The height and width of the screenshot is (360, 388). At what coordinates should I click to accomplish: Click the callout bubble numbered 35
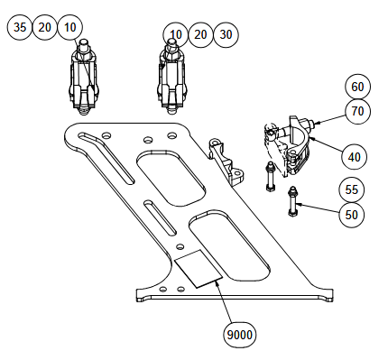19,27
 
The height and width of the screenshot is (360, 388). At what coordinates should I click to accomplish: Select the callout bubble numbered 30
226,34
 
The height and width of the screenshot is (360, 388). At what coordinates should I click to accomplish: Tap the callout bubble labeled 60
357,87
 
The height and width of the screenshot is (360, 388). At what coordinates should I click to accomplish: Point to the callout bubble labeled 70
357,112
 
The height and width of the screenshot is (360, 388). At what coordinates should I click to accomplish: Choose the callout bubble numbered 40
355,157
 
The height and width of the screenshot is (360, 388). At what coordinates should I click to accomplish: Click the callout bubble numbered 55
352,189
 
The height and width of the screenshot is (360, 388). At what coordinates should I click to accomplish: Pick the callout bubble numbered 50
352,215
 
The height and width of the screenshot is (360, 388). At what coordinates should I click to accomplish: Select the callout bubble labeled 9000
240,335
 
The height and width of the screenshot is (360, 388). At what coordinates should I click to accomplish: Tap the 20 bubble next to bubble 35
44,27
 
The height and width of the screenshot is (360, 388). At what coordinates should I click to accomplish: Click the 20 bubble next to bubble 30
200,34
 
